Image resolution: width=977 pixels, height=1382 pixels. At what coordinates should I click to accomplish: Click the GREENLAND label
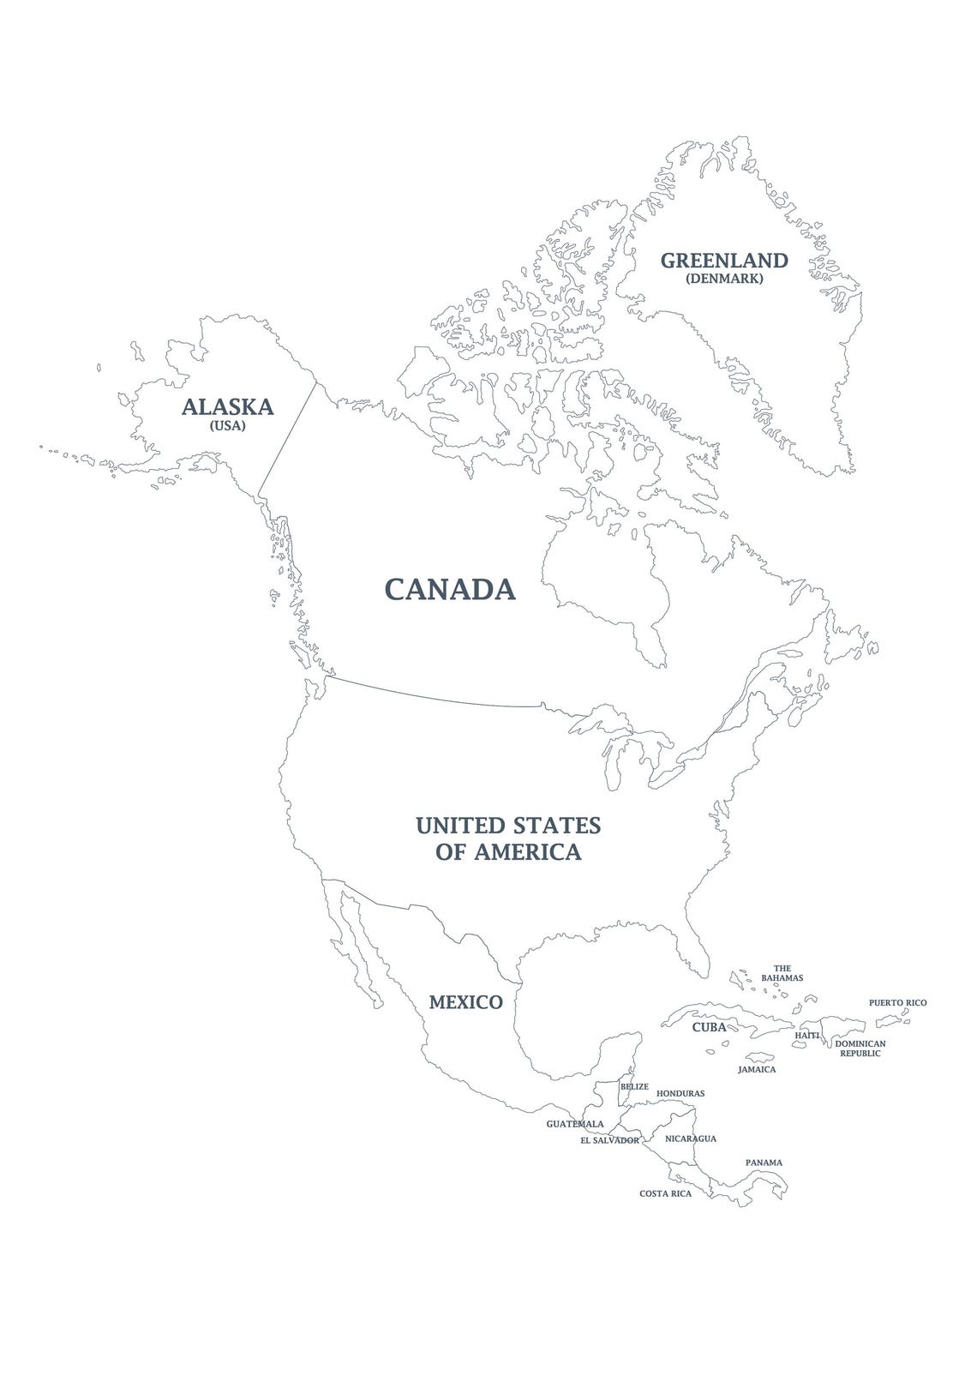click(723, 261)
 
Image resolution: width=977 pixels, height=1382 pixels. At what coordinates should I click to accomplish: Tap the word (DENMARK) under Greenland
click(724, 279)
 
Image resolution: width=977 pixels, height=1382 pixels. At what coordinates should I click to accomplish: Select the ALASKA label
click(227, 406)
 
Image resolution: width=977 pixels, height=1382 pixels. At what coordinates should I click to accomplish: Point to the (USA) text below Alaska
click(227, 425)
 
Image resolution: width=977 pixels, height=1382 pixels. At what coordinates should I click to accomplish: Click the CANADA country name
click(450, 589)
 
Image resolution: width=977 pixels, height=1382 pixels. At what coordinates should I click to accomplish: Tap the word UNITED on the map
click(459, 826)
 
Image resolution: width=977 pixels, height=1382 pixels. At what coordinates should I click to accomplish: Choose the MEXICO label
click(465, 1002)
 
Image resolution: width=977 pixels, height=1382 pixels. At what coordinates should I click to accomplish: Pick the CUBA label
click(709, 1027)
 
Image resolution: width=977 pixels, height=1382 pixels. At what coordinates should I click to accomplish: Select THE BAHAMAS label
click(782, 973)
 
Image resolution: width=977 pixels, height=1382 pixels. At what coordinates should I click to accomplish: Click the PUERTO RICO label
click(897, 1002)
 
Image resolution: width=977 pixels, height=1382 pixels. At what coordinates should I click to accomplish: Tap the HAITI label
click(807, 1036)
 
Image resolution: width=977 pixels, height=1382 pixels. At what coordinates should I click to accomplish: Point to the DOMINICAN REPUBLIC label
click(860, 1048)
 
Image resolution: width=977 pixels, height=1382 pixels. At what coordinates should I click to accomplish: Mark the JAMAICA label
click(757, 1070)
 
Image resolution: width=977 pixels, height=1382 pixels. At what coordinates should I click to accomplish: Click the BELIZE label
click(634, 1086)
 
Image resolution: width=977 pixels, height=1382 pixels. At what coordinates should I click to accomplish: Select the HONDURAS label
click(680, 1094)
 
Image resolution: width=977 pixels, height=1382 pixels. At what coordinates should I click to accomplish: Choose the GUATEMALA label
click(575, 1124)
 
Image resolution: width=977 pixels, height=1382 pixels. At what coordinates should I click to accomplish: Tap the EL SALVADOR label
click(609, 1141)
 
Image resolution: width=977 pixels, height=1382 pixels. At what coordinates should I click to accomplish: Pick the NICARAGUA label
click(691, 1139)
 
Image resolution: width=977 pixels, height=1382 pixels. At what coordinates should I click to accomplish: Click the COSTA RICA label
click(665, 1193)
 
